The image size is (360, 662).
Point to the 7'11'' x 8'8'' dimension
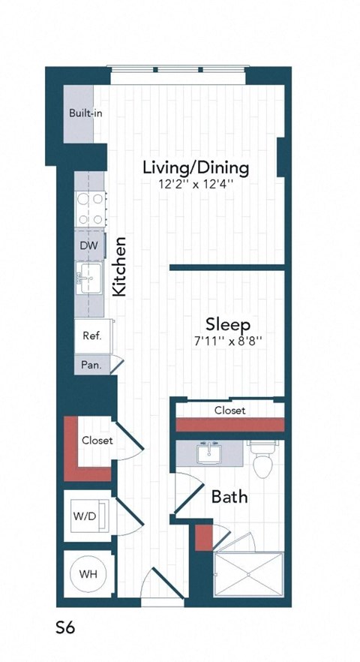click(227, 342)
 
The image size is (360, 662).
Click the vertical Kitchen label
click(118, 266)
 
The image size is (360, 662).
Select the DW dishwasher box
click(88, 245)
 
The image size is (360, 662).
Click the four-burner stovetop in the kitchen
click(88, 209)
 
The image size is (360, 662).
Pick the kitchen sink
click(88, 278)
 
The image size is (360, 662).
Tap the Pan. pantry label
click(91, 366)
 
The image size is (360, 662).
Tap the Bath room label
click(229, 497)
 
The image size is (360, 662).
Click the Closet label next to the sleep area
click(229, 411)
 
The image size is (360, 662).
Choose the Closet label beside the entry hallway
click(97, 441)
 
